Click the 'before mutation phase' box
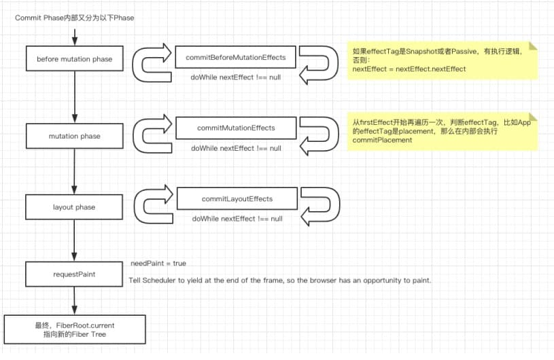75,58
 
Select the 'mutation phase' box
75,136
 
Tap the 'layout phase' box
74,206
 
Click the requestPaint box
74,274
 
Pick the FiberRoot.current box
75,329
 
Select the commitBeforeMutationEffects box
236,57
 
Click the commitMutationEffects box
236,128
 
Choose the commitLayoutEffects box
237,199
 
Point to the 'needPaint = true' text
158,264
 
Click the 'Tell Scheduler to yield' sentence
280,281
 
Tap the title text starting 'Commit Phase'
75,18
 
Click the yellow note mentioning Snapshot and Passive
443,60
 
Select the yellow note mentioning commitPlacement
443,131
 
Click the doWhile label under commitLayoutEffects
237,219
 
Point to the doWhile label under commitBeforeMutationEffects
236,77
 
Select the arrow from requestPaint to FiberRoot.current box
74,301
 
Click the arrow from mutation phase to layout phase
74,172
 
